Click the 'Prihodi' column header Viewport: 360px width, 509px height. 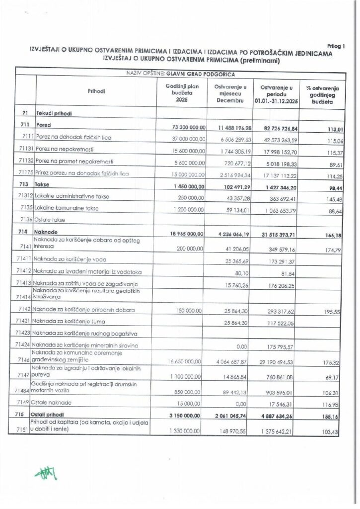pos(97,91)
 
